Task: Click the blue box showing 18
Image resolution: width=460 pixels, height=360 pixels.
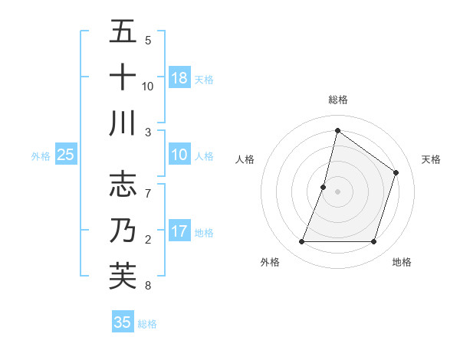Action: pyautogui.click(x=179, y=77)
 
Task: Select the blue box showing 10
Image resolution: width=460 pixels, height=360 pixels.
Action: pyautogui.click(x=179, y=155)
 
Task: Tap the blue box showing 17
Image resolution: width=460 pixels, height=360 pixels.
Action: pyautogui.click(x=179, y=231)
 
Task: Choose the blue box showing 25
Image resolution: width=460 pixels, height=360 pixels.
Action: pyautogui.click(x=66, y=155)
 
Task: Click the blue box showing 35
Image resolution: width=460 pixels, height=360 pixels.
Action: pyautogui.click(x=123, y=322)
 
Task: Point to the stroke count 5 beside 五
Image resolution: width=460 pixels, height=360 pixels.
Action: pyautogui.click(x=148, y=40)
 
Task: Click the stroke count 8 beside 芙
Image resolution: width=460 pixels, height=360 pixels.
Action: pyautogui.click(x=148, y=286)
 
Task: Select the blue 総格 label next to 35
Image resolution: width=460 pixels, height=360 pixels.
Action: pyautogui.click(x=148, y=324)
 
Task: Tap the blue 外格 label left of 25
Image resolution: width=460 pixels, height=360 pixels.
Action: pyautogui.click(x=41, y=156)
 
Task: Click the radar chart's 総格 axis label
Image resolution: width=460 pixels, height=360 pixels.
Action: pyautogui.click(x=337, y=100)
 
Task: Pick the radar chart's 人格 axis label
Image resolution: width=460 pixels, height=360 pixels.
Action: pyautogui.click(x=245, y=159)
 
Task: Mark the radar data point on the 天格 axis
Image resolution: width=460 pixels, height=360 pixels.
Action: pyautogui.click(x=396, y=172)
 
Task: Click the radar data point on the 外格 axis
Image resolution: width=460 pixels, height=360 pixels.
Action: pyautogui.click(x=301, y=242)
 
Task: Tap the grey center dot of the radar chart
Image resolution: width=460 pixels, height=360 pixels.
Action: pyautogui.click(x=337, y=191)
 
